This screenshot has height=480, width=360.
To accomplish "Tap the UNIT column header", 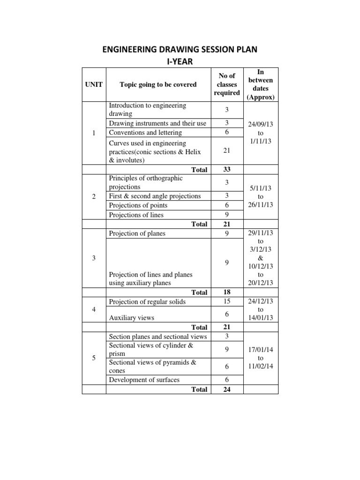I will (x=94, y=84).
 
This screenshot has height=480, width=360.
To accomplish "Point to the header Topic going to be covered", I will (x=158, y=84).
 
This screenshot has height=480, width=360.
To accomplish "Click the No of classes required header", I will (x=226, y=84).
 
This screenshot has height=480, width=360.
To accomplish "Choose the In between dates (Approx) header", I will (x=261, y=84).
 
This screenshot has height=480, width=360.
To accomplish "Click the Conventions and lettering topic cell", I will (x=145, y=133).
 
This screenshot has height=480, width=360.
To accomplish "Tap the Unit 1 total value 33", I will (x=226, y=169).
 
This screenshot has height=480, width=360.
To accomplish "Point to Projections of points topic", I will (x=138, y=205).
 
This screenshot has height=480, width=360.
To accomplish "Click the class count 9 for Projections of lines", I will (x=226, y=215).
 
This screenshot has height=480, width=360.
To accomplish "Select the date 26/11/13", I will (x=261, y=205).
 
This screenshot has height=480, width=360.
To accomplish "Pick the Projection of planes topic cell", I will (x=137, y=233).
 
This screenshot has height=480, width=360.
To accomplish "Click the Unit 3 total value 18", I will (x=226, y=292).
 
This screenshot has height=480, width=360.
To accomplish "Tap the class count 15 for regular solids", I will (x=226, y=302).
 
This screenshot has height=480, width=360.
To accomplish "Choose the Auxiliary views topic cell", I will (x=131, y=317).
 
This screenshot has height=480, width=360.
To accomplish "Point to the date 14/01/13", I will (x=261, y=318).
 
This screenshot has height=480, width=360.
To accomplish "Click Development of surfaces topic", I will (x=144, y=380).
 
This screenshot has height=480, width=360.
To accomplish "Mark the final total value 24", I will (x=226, y=389).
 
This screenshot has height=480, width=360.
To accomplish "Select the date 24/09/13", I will (x=261, y=125).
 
